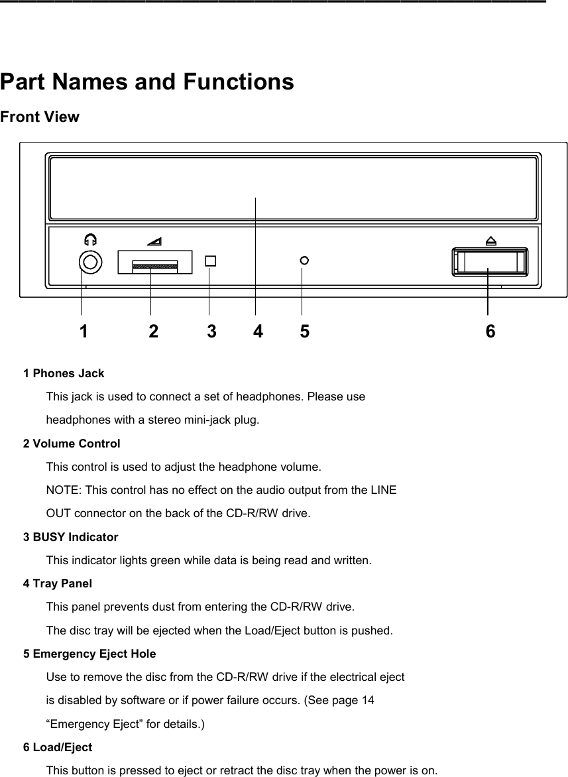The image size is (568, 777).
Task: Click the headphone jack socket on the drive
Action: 90,262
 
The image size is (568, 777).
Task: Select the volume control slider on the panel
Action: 155,266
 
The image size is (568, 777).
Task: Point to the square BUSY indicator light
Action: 210,261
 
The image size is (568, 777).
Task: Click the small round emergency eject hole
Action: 304,261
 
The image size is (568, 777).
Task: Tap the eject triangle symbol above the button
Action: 490,241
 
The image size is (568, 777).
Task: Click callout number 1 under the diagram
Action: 83,331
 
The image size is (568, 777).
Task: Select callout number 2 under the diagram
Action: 154,331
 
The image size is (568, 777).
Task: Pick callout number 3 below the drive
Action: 211,331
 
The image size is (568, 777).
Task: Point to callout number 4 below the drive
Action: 258,331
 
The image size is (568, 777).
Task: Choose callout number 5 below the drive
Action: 304,331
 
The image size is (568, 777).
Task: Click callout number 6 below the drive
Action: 490,331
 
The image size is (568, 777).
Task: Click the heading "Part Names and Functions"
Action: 147,82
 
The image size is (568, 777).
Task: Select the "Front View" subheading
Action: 40,117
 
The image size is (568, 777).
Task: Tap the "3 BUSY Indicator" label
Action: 71,537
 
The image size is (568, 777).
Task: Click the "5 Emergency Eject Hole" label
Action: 89,654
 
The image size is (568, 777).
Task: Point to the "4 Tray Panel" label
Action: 58,584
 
